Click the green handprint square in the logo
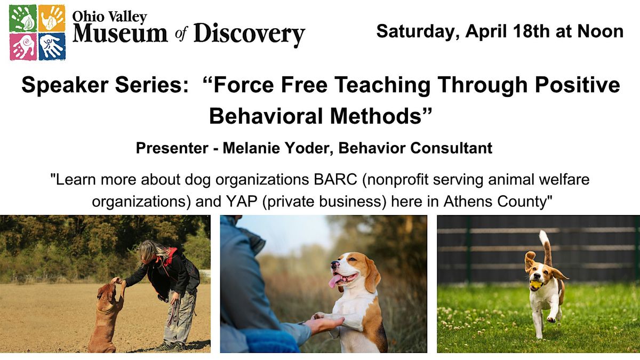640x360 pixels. [23, 18]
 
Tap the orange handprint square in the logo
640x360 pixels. [52, 18]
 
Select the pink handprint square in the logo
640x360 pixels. [23, 47]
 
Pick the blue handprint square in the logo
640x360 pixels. [52, 47]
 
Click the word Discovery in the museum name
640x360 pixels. [250, 35]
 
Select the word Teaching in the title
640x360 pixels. [382, 85]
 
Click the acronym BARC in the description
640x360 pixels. [335, 180]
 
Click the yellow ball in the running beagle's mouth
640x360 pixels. [535, 285]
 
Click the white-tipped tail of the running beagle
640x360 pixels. [545, 247]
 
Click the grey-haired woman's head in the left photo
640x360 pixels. [149, 252]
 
